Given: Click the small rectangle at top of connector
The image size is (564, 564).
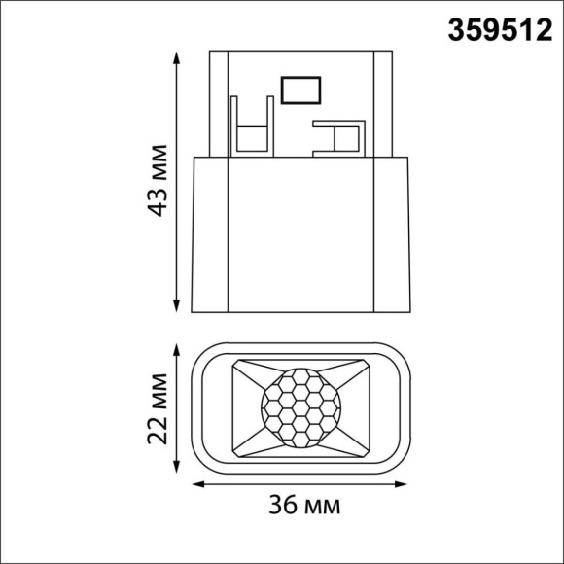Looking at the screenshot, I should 298,89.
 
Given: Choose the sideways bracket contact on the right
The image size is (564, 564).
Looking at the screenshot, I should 335,136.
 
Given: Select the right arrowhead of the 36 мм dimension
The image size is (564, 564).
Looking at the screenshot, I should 405,482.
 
